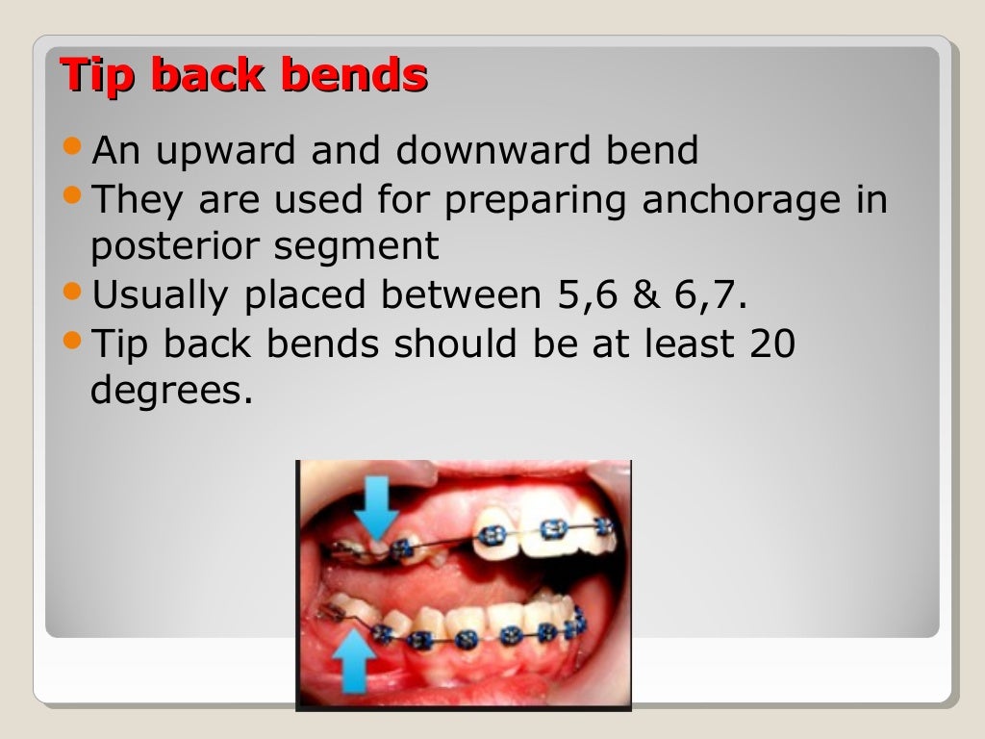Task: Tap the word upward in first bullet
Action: [230, 151]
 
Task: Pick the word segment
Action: [357, 246]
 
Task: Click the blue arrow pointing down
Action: [380, 505]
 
